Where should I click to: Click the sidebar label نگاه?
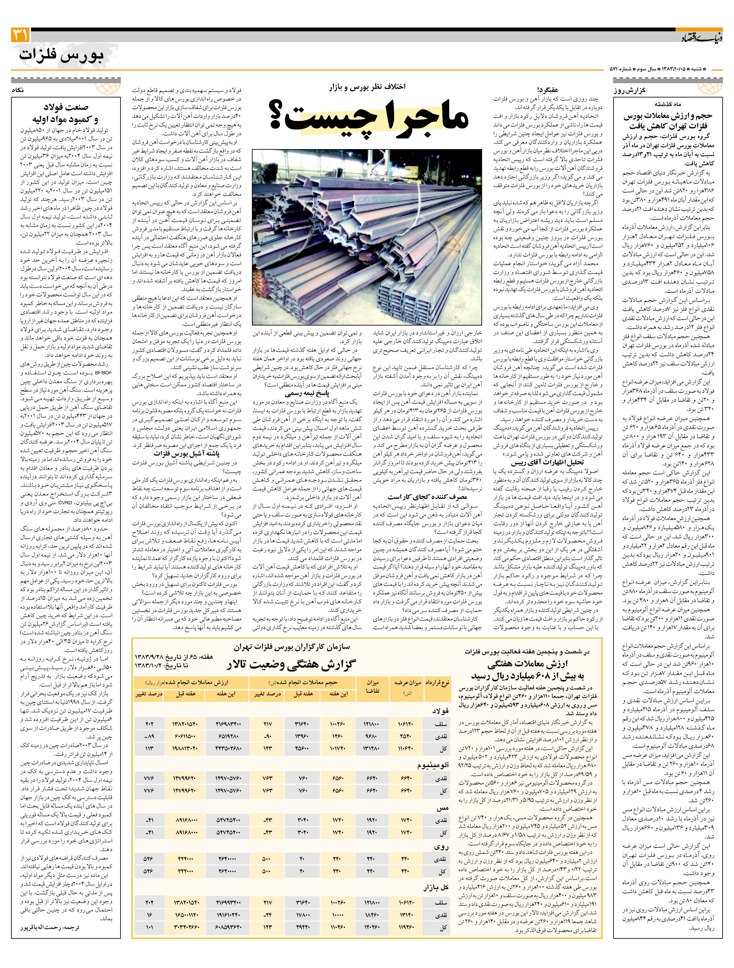click(x=22, y=90)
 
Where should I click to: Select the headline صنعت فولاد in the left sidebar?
click(x=66, y=107)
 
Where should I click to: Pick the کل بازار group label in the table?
click(x=436, y=875)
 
